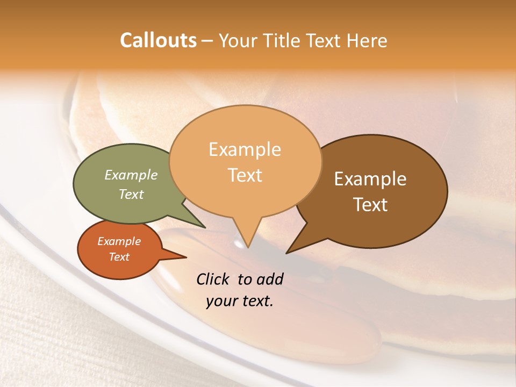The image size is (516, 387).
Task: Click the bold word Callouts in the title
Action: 158,40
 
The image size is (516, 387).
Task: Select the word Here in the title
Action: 367,41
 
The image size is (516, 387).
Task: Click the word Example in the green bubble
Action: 131,175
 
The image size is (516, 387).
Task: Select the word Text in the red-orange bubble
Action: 119,257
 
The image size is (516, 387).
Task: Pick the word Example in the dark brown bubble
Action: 370,179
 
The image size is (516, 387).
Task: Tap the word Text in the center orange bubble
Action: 245,175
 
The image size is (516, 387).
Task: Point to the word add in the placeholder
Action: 270,279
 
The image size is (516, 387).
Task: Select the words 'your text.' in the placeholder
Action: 240,301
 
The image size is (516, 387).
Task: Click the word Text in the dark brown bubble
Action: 371,205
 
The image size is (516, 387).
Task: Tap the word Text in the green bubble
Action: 131,195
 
